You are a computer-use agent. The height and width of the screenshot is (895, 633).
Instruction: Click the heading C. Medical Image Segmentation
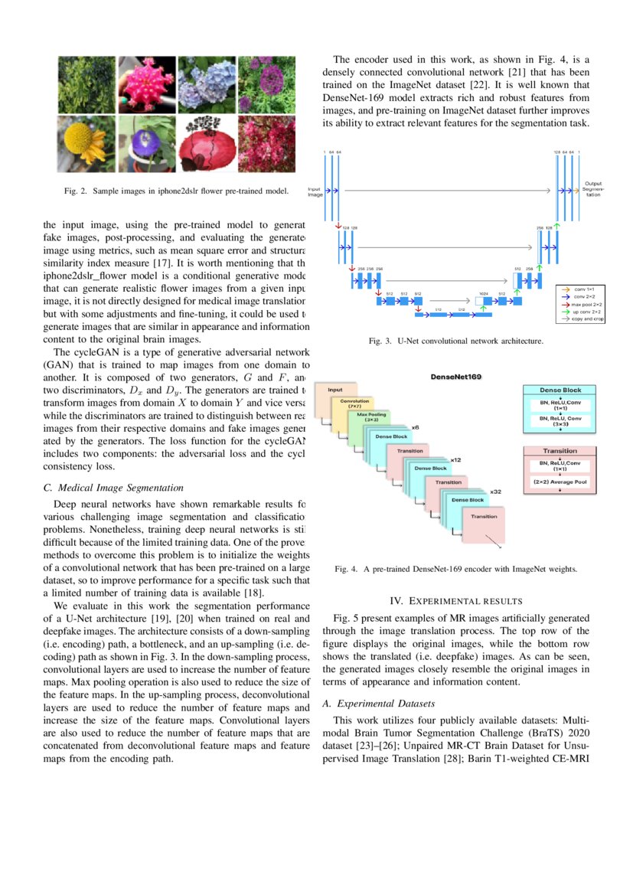coord(114,487)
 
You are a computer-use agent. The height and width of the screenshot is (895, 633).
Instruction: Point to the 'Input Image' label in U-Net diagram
coord(315,191)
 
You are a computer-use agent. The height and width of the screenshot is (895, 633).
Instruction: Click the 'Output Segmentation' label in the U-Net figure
coord(593,189)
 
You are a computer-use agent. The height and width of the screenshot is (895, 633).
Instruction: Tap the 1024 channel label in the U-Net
coord(484,293)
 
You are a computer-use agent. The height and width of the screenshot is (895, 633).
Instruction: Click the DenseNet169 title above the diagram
coord(456,377)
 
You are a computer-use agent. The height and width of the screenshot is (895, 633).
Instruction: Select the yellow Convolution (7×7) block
coord(354,403)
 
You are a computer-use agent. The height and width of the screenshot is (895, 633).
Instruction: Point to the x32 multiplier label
coord(495,492)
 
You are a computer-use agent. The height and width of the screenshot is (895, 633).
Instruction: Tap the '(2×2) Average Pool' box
coord(560,483)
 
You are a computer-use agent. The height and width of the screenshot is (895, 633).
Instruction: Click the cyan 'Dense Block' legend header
coord(560,390)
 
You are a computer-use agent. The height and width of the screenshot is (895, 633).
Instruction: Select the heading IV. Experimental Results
coord(456,600)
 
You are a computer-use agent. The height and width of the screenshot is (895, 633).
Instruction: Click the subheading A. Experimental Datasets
coord(378,703)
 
